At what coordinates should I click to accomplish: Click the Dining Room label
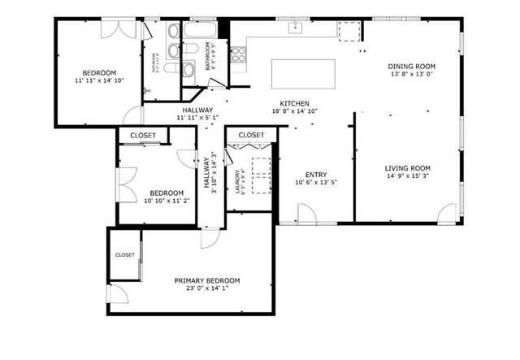(413, 67)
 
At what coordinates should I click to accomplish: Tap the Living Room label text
(407, 168)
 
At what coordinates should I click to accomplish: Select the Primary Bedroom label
(207, 280)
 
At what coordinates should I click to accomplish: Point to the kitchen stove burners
(239, 55)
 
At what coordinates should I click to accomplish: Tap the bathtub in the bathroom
(197, 30)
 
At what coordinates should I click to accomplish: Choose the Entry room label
(316, 175)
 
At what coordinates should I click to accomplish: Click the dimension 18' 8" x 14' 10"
(294, 111)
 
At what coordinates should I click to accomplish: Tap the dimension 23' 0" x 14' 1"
(207, 288)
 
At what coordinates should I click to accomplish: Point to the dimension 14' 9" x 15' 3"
(407, 176)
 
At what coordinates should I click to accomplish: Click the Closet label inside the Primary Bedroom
(125, 254)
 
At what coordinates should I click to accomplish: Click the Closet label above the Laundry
(251, 135)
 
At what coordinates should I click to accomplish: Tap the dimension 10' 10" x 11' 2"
(167, 201)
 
